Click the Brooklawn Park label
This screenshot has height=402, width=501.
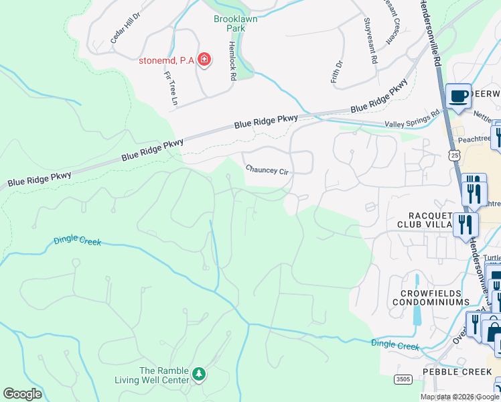point(235,24)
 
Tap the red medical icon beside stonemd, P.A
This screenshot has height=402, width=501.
point(204,61)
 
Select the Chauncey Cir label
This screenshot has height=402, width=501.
point(266,170)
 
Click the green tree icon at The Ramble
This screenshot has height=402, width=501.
point(198,373)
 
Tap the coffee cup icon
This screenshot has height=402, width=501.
point(458,95)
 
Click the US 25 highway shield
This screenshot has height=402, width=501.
point(455,155)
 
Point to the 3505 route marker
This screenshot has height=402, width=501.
point(403,379)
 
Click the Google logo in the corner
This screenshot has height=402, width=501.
point(23,393)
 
